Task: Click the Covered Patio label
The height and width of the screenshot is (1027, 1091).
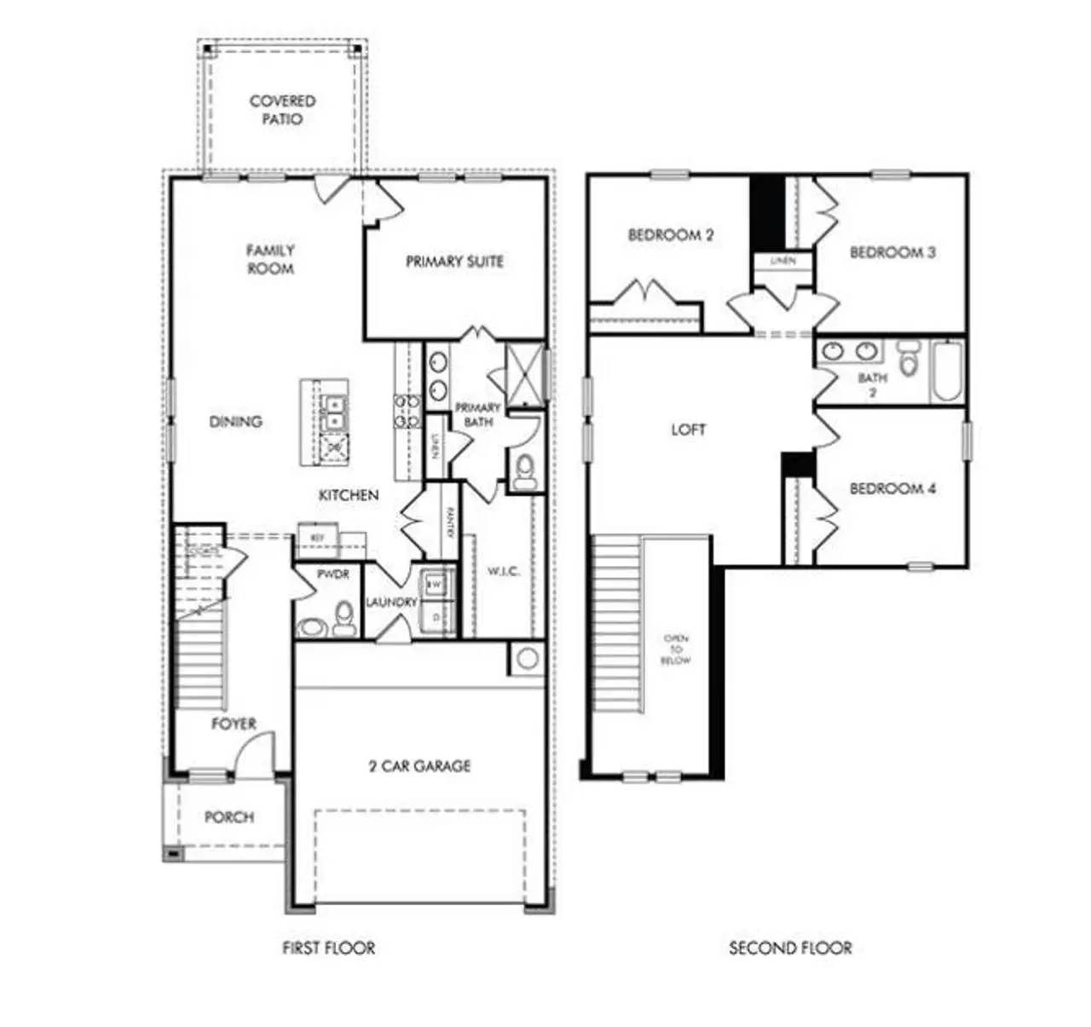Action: point(282,110)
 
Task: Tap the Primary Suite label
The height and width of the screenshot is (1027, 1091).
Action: point(454,262)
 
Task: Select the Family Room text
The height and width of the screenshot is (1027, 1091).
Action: point(270,259)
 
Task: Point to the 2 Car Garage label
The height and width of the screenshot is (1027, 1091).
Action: point(419,766)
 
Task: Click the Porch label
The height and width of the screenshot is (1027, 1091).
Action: point(229,816)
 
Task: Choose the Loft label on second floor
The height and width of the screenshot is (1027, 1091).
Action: point(688,430)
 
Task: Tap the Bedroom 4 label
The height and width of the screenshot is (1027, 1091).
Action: point(892,488)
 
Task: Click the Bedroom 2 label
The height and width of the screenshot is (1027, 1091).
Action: point(671,234)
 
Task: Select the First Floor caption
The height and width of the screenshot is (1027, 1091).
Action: point(329,948)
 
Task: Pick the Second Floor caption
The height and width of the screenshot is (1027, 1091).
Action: point(790,948)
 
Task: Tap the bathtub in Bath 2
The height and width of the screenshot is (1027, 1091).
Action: point(946,371)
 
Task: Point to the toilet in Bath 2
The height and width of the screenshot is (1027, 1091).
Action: point(909,360)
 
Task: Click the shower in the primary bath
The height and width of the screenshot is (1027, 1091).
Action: point(525,375)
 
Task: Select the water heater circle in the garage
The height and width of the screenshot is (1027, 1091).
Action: point(528,658)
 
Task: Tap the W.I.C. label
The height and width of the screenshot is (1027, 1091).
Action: point(504,571)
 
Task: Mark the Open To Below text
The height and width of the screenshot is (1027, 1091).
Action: point(676,649)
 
